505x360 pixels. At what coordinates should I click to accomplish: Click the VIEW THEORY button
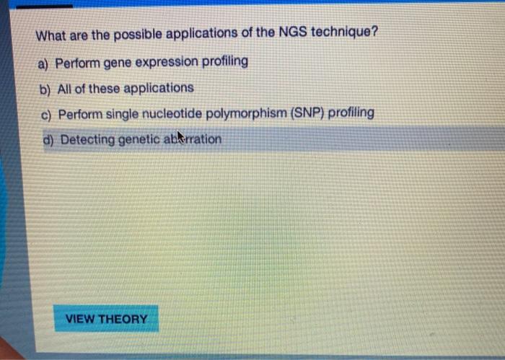106,318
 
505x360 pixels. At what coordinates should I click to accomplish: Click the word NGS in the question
291,32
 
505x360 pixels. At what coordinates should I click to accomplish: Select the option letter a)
43,63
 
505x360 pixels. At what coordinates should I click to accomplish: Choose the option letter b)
45,89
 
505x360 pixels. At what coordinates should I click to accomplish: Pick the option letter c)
46,115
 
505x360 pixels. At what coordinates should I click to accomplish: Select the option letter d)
48,140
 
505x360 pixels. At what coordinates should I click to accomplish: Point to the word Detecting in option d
87,140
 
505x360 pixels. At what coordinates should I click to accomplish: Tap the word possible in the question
138,35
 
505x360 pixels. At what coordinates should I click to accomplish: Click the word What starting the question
51,35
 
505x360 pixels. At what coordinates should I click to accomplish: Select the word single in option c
122,114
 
